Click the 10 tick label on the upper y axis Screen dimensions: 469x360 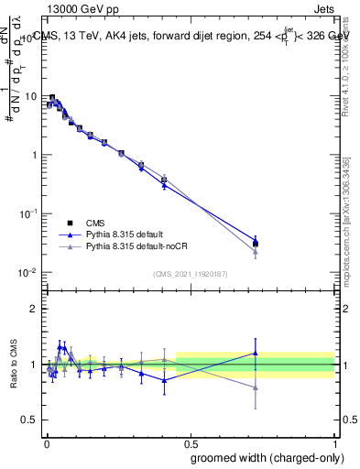[x=32, y=96]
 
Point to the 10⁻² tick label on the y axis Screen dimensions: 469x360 [x=29, y=272]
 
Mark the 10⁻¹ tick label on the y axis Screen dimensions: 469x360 [x=29, y=213]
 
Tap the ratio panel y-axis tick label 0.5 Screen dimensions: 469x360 [x=32, y=420]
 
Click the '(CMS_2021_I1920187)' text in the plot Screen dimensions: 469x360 [x=190, y=274]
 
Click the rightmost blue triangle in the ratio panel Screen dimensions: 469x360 [x=256, y=353]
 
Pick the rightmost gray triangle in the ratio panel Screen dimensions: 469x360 [x=256, y=387]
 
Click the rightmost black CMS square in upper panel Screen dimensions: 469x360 [x=256, y=244]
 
